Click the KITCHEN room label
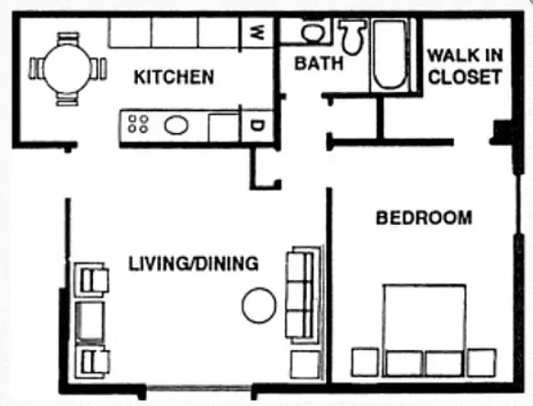pyautogui.click(x=175, y=76)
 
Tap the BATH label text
pyautogui.click(x=319, y=63)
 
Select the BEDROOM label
pyautogui.click(x=425, y=218)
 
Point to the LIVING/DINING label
pyautogui.click(x=192, y=264)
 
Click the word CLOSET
pyautogui.click(x=465, y=77)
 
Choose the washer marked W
pyautogui.click(x=258, y=32)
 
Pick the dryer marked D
pyautogui.click(x=258, y=125)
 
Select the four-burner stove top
pyautogui.click(x=138, y=124)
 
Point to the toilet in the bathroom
pyautogui.click(x=349, y=37)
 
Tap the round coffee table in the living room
pyautogui.click(x=259, y=305)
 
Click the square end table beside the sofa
pyautogui.click(x=303, y=364)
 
